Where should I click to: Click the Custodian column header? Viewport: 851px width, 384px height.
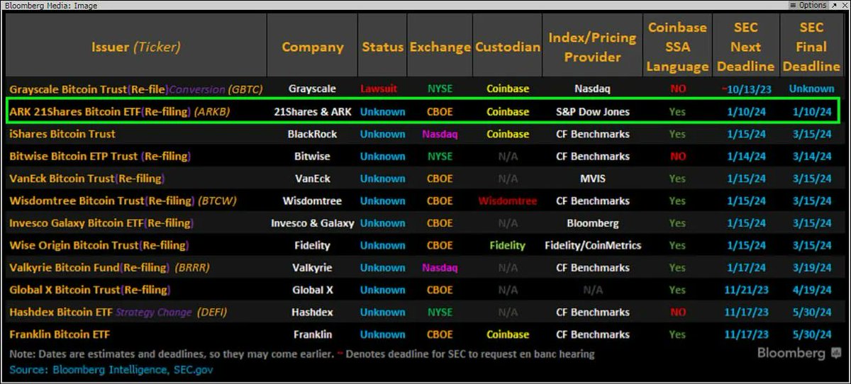point(507,47)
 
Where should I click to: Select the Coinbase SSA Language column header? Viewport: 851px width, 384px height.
point(677,47)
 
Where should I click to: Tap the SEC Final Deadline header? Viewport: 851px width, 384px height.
point(811,47)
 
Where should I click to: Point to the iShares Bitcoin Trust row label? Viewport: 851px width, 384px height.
point(62,134)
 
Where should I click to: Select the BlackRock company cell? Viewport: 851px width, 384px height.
point(312,134)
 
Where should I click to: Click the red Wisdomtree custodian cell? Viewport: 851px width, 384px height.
point(507,201)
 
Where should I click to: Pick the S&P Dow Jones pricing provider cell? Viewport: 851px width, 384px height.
point(592,112)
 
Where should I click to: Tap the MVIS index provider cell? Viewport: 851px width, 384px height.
point(592,179)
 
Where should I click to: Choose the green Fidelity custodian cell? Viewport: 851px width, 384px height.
point(507,246)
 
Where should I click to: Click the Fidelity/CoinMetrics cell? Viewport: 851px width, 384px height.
point(592,246)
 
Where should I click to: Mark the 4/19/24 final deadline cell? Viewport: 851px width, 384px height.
point(811,290)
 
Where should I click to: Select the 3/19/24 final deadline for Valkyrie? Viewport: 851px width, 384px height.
point(811,268)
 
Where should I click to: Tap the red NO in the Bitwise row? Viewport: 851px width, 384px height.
point(677,157)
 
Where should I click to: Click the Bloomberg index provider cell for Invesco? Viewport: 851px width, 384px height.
point(592,223)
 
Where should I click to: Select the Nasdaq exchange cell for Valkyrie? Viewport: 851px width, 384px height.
point(440,268)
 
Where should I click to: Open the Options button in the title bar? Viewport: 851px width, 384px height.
point(811,5)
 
